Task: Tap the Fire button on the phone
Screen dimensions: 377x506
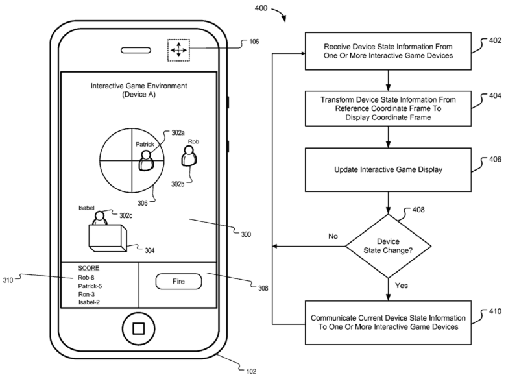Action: click(178, 282)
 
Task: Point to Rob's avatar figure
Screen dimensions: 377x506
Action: click(189, 156)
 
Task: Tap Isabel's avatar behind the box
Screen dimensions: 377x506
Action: click(99, 218)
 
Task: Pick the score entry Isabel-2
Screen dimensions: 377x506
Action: click(91, 302)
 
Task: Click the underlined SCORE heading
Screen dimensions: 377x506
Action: click(88, 268)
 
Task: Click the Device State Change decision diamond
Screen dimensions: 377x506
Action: click(388, 246)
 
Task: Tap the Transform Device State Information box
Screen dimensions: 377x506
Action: click(388, 109)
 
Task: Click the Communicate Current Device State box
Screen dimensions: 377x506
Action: click(388, 322)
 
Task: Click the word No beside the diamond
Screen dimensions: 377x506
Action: click(333, 237)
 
